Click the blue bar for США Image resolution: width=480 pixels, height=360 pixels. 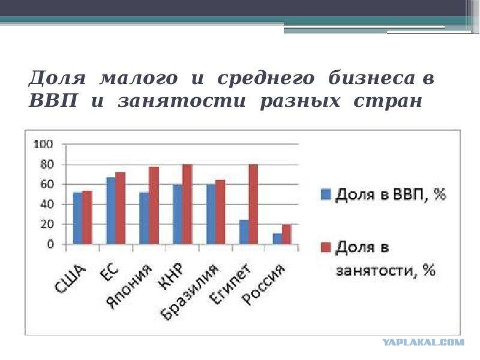[78, 218]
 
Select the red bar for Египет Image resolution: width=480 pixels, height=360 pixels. [253, 204]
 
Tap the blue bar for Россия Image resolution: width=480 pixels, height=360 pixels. [277, 239]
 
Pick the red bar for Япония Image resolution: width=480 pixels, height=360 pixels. [154, 205]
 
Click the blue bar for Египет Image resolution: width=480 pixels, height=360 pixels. [244, 232]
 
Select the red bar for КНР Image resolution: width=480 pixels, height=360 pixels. [187, 204]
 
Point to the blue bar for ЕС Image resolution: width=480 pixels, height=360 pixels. [111, 211]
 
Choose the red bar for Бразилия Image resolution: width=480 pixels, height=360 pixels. [220, 212]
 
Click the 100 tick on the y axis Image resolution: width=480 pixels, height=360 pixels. [43, 144]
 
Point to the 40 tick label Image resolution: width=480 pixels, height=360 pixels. [47, 204]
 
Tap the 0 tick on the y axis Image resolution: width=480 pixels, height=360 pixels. [50, 244]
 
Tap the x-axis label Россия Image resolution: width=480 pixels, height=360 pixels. [263, 284]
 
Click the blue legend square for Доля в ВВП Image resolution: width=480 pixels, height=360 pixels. [326, 194]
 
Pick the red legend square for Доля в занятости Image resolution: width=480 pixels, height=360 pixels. [326, 247]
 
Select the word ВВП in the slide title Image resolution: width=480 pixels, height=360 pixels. [53, 101]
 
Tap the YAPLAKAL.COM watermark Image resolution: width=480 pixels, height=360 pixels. [424, 342]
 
